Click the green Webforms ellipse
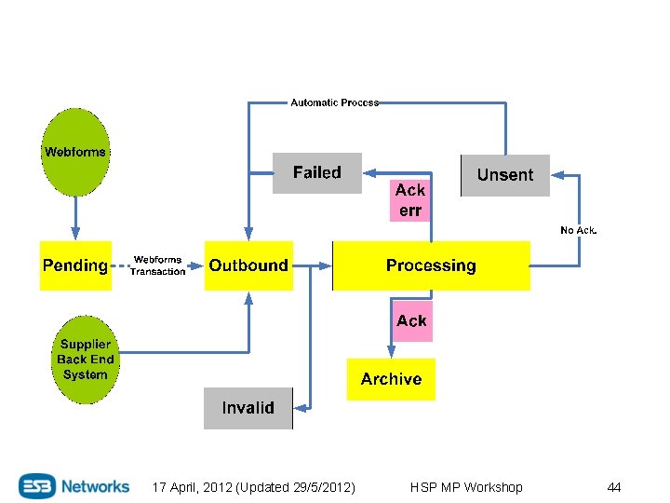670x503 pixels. click(x=75, y=152)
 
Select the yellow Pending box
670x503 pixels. click(x=75, y=265)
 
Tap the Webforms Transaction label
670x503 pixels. click(x=157, y=265)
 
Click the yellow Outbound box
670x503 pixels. click(x=248, y=265)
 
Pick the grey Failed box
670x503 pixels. click(x=316, y=172)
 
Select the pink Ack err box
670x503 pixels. click(x=410, y=200)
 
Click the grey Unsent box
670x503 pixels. click(x=505, y=175)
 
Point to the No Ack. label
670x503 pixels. click(x=578, y=230)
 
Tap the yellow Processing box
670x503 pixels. click(x=431, y=265)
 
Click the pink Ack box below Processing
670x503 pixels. click(x=411, y=321)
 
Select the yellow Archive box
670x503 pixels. click(x=391, y=379)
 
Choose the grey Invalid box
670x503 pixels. click(x=248, y=408)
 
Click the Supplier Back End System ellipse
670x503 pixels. click(x=85, y=360)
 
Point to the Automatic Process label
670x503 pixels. click(x=334, y=102)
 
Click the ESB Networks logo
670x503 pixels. click(x=74, y=486)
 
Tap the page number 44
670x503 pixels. click(x=613, y=487)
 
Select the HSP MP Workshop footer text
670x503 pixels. click(x=466, y=487)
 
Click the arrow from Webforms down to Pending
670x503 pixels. click(x=75, y=218)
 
